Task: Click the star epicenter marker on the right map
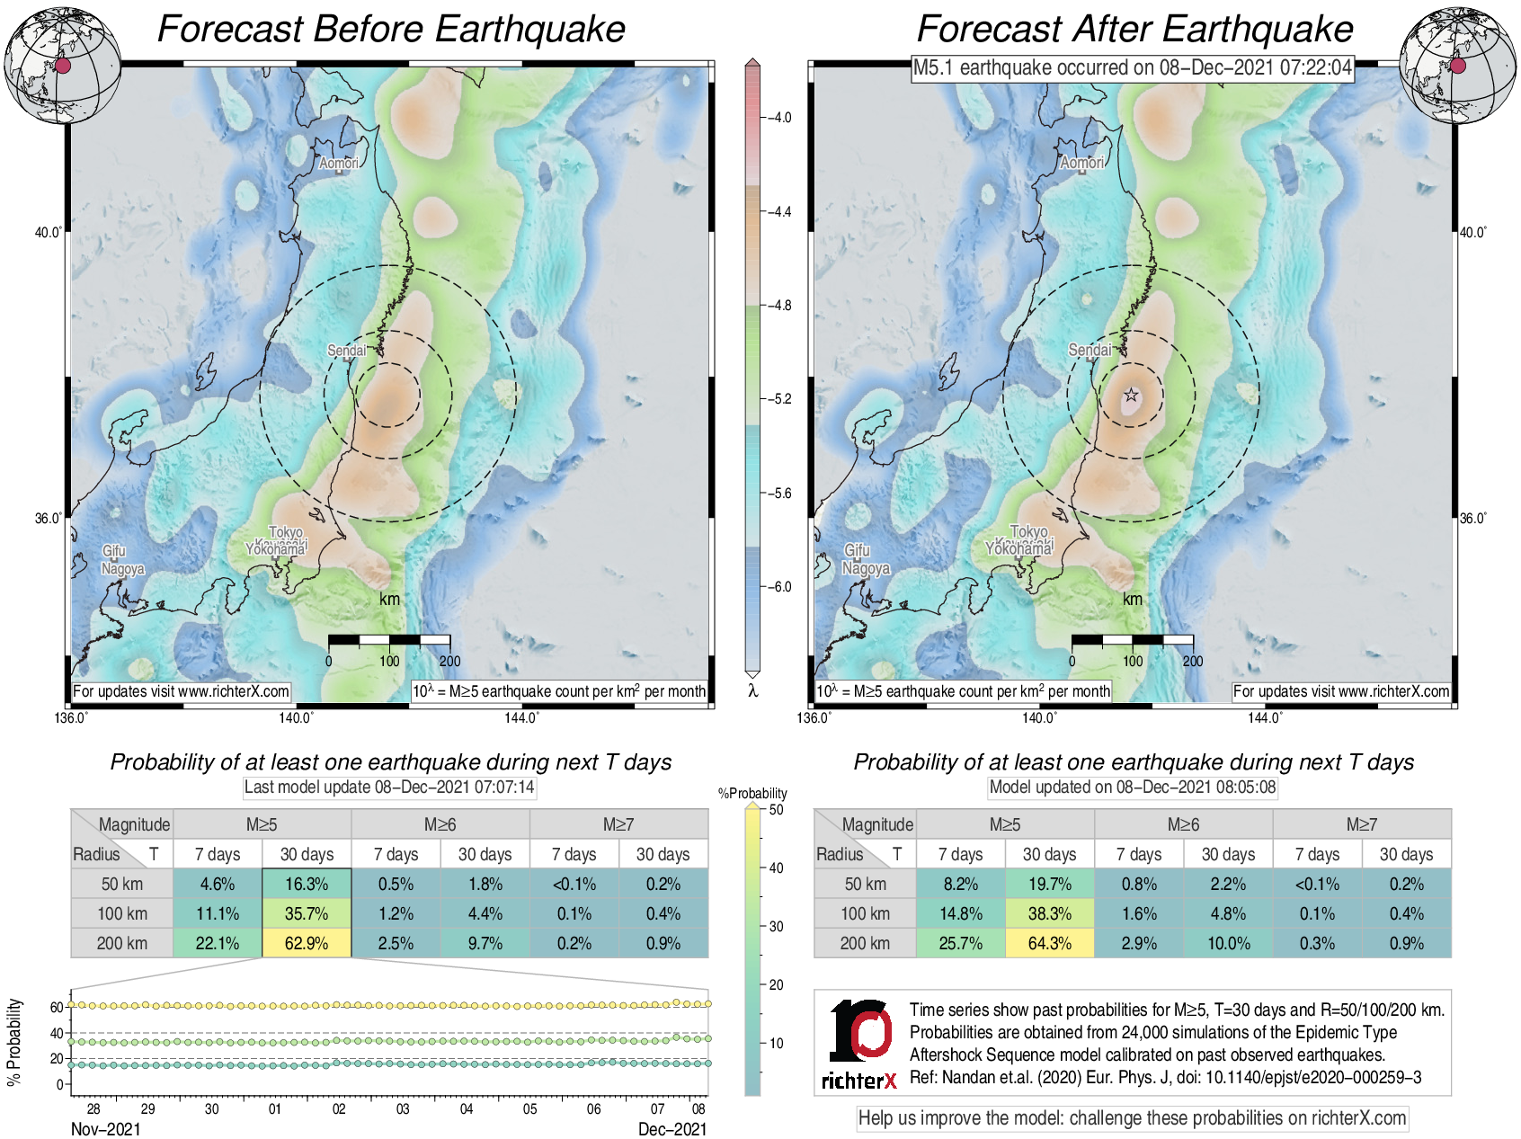click(1131, 395)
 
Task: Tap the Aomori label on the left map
click(339, 163)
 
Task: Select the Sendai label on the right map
click(1090, 350)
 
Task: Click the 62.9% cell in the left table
click(307, 943)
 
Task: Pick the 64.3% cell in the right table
click(1049, 943)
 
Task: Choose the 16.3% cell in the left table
click(307, 884)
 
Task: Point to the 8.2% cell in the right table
click(960, 884)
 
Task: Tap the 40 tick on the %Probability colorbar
click(776, 868)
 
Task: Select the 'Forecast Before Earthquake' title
click(391, 29)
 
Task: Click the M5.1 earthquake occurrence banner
click(1132, 67)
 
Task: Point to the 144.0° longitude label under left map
click(521, 717)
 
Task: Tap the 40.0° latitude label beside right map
click(1472, 232)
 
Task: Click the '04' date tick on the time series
click(467, 1108)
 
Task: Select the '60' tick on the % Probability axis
click(57, 1008)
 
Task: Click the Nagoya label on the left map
click(122, 569)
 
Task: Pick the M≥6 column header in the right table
click(1183, 824)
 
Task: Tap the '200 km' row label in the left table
click(122, 943)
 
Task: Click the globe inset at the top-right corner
click(1458, 66)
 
